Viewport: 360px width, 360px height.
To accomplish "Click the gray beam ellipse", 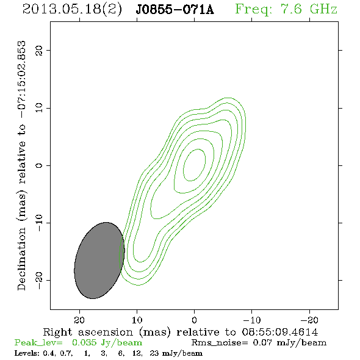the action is pyautogui.click(x=99, y=261).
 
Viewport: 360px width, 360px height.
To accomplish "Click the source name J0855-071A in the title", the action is pyautogui.click(x=175, y=9).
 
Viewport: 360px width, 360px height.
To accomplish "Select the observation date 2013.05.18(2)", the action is pyautogui.click(x=72, y=9).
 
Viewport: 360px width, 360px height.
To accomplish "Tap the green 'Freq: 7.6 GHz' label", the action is pyautogui.click(x=286, y=9).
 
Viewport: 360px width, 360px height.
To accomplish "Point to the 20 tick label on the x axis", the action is pyautogui.click(x=79, y=320).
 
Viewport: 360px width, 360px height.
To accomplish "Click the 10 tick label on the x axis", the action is pyautogui.click(x=137, y=320).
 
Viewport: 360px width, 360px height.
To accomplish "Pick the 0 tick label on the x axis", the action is pyautogui.click(x=194, y=320).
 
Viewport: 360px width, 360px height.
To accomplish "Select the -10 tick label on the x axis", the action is pyautogui.click(x=252, y=320).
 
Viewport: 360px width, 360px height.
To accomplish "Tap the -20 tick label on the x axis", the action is pyautogui.click(x=309, y=320).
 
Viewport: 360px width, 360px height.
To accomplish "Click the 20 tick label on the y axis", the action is pyautogui.click(x=39, y=50).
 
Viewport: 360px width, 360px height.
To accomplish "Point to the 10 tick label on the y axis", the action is pyautogui.click(x=39, y=107).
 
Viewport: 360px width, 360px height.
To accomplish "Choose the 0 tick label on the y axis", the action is pyautogui.click(x=39, y=165).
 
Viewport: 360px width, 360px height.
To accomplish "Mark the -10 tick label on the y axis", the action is pyautogui.click(x=39, y=223).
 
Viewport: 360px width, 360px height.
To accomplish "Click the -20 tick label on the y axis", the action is pyautogui.click(x=39, y=280).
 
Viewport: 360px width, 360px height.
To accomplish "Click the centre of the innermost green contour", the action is pyautogui.click(x=194, y=165).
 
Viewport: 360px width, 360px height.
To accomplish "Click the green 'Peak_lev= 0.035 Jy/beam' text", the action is pyautogui.click(x=78, y=343).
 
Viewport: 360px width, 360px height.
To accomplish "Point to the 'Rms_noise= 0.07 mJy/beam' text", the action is pyautogui.click(x=259, y=343).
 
